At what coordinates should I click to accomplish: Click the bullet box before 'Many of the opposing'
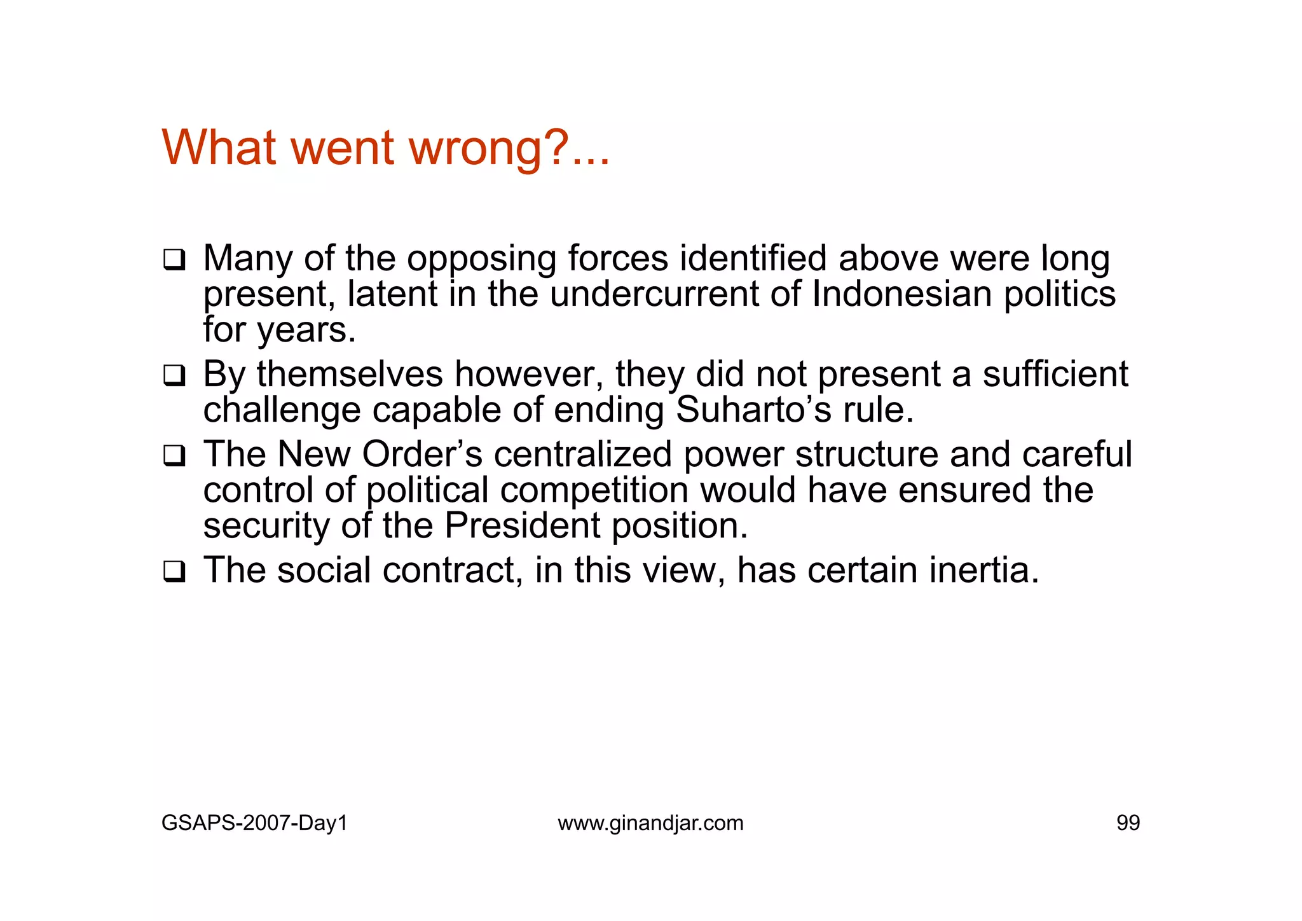point(174,260)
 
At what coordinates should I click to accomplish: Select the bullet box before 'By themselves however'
point(174,375)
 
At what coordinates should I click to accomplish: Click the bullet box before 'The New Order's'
point(174,455)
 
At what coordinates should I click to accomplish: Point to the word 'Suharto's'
point(753,410)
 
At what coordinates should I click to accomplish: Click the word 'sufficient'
point(1055,374)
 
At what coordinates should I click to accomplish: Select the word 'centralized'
point(582,454)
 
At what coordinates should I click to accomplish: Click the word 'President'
point(522,525)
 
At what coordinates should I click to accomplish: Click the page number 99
point(1128,823)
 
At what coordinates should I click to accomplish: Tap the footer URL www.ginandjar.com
point(650,823)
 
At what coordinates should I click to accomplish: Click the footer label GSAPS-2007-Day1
point(254,823)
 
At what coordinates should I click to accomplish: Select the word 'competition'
point(594,490)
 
